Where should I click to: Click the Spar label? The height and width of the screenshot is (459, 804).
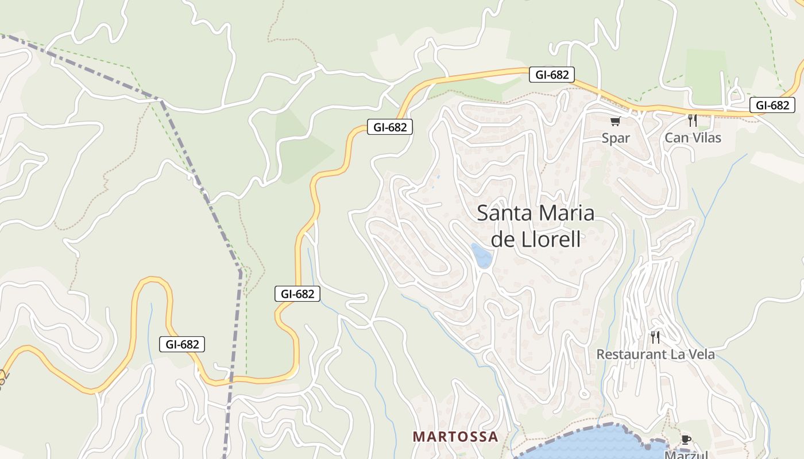pyautogui.click(x=616, y=138)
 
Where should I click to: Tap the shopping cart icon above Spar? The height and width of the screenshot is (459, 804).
pyautogui.click(x=616, y=121)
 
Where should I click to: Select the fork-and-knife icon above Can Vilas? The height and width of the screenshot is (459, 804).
pyautogui.click(x=693, y=120)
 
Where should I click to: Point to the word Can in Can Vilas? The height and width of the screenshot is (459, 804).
pyautogui.click(x=675, y=138)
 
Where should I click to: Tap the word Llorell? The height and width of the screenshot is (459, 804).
pyautogui.click(x=551, y=239)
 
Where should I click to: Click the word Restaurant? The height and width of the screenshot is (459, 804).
pyautogui.click(x=629, y=355)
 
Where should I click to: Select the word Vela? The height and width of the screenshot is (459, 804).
pyautogui.click(x=701, y=355)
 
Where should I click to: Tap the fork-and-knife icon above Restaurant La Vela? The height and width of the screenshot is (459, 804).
pyautogui.click(x=655, y=337)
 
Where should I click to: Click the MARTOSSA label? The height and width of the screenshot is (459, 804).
pyautogui.click(x=455, y=437)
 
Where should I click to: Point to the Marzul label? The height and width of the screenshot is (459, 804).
pyautogui.click(x=686, y=455)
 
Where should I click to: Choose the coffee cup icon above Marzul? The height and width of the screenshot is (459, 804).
pyautogui.click(x=686, y=439)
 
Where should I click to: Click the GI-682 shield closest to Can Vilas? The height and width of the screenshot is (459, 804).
pyautogui.click(x=772, y=105)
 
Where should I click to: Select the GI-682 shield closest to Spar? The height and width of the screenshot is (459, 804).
pyautogui.click(x=551, y=75)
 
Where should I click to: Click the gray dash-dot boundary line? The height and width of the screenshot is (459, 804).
pyautogui.click(x=201, y=184)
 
